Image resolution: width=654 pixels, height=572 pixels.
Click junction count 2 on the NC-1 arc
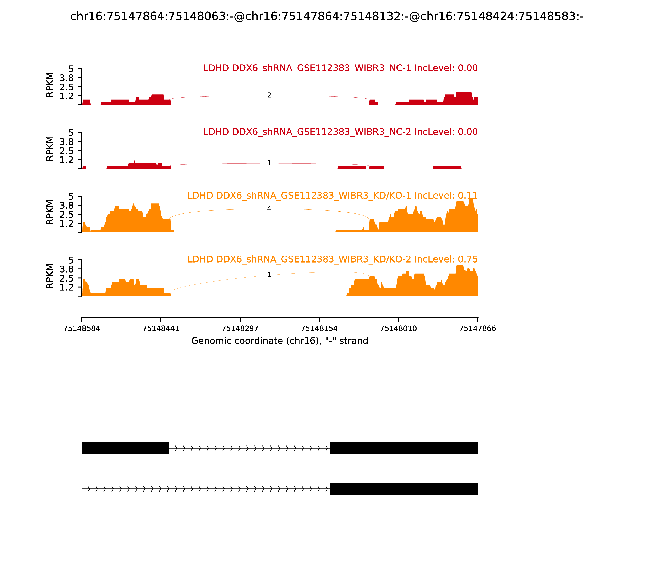(x=269, y=95)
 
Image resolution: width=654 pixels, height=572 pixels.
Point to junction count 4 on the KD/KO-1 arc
(x=269, y=208)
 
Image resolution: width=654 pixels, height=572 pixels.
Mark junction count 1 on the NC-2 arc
(x=269, y=163)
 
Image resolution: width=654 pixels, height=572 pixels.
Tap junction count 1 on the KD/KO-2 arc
(x=269, y=275)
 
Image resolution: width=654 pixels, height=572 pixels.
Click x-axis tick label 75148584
(x=82, y=328)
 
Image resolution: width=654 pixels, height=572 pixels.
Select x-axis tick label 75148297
(x=240, y=328)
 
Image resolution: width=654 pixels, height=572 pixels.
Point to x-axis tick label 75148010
(x=398, y=328)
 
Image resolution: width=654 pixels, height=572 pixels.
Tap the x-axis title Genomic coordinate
(x=280, y=341)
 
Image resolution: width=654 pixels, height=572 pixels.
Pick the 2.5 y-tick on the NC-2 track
(x=66, y=151)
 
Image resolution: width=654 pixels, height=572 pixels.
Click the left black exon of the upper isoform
(x=125, y=448)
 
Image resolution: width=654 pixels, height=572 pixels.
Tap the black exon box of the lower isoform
(x=404, y=489)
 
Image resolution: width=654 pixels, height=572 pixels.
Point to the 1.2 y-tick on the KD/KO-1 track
(x=66, y=223)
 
